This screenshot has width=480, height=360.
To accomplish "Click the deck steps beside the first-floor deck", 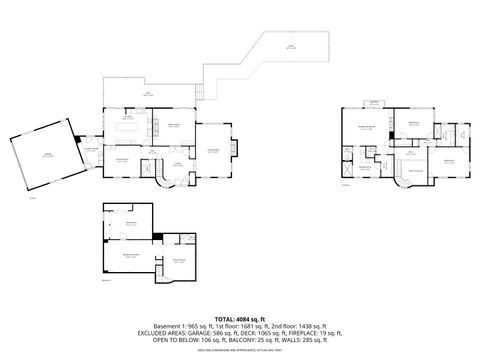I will (199, 94).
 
